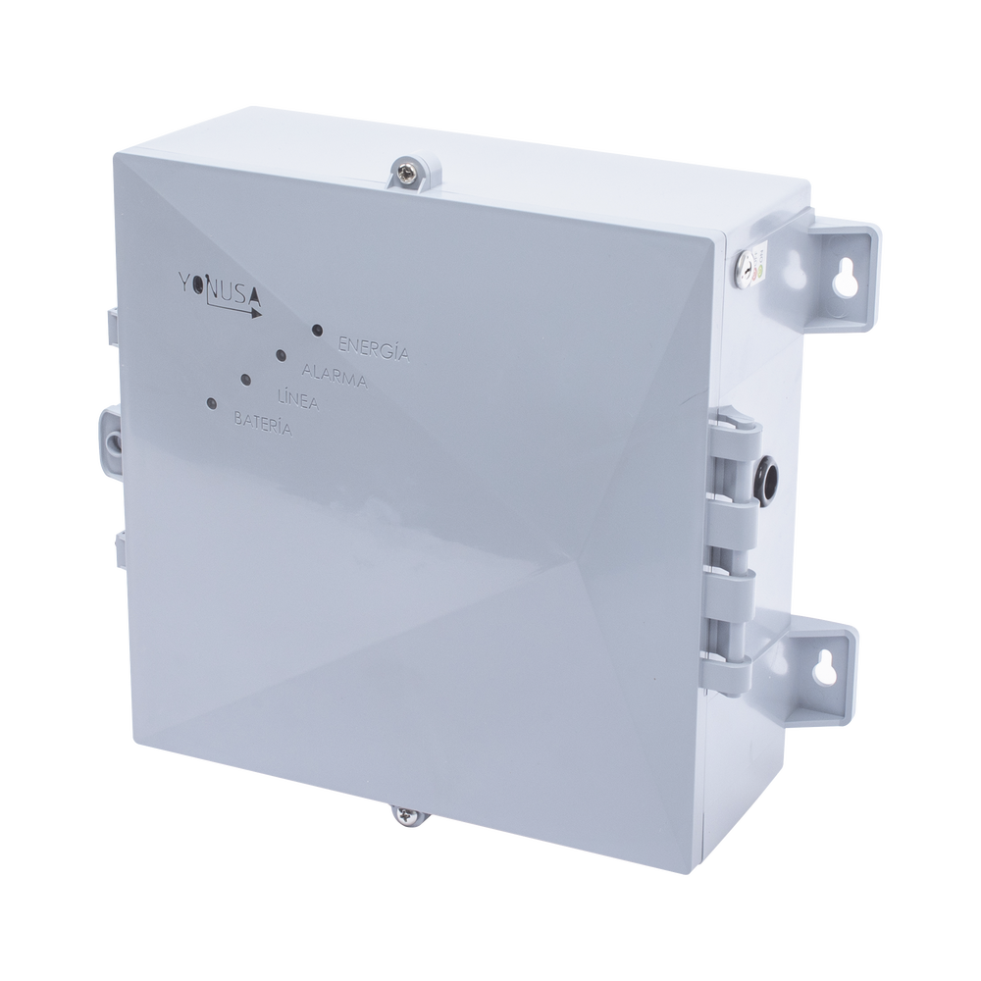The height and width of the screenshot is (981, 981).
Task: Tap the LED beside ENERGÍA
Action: click(317, 331)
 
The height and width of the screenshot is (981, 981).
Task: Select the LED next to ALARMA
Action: click(281, 354)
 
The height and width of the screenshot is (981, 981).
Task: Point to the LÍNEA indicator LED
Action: click(245, 379)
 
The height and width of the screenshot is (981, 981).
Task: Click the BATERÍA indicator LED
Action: click(211, 402)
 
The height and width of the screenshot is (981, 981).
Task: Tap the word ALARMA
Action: click(335, 374)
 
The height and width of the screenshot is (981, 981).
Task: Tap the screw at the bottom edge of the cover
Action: click(404, 813)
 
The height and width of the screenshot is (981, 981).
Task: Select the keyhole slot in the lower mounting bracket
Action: click(825, 666)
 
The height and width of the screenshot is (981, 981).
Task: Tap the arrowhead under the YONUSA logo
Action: click(256, 315)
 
